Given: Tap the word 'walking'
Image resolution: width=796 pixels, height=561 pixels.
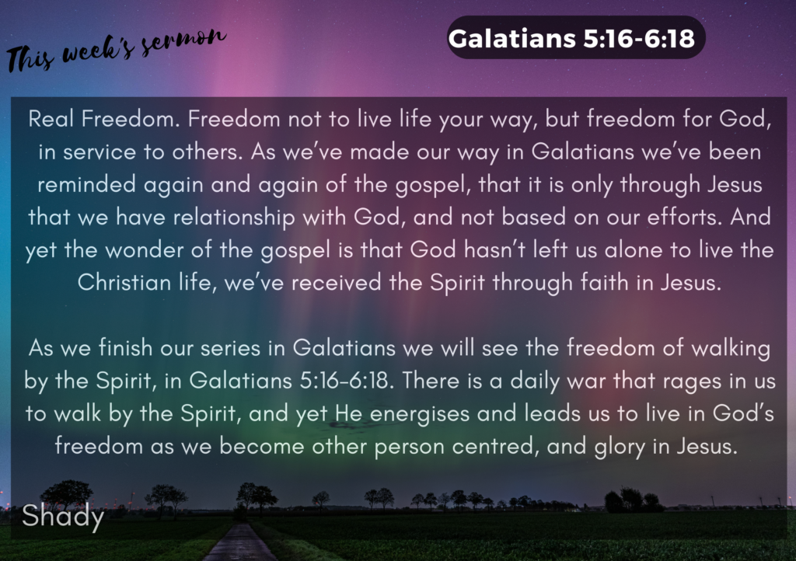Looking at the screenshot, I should (x=728, y=347).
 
